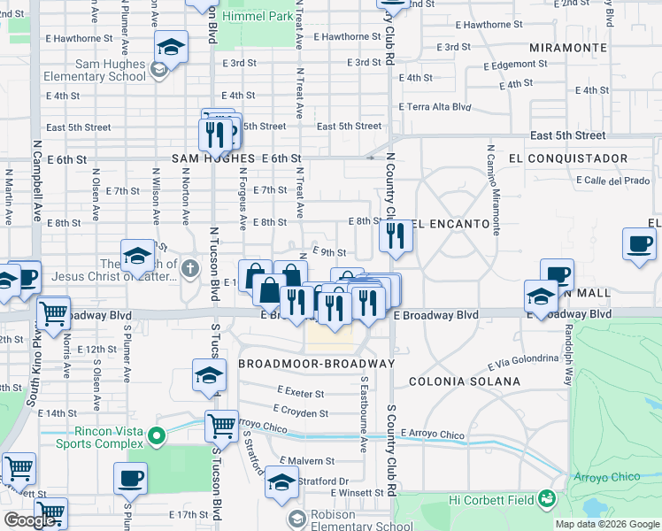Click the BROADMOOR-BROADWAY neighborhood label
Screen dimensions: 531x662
pyautogui.click(x=316, y=364)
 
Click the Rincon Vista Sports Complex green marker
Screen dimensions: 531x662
pyautogui.click(x=157, y=435)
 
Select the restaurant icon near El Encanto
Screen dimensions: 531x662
pyautogui.click(x=396, y=236)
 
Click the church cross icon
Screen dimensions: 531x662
pyautogui.click(x=189, y=268)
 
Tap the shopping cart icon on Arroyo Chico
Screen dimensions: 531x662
pyautogui.click(x=220, y=427)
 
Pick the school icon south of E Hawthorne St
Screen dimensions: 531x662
pyautogui.click(x=171, y=47)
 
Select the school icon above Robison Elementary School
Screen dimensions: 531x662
pyautogui.click(x=281, y=483)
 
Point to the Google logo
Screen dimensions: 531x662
pyautogui.click(x=29, y=521)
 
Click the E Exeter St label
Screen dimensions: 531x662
pyautogui.click(x=300, y=391)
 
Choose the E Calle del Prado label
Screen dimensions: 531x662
pyautogui.click(x=612, y=181)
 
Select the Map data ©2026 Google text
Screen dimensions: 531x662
pyautogui.click(x=606, y=524)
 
